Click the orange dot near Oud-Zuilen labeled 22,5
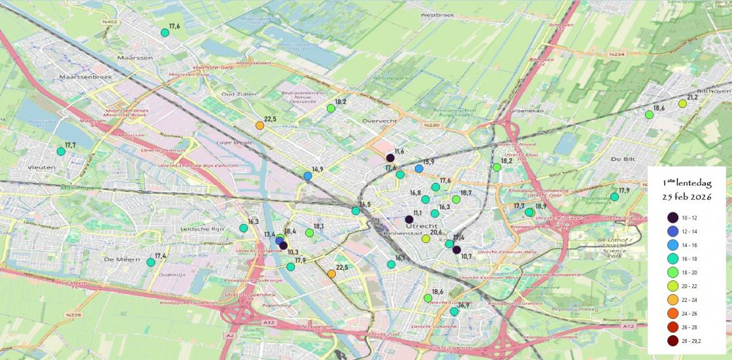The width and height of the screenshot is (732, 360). pos(259,125)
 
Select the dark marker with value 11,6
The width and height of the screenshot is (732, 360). pos(390,158)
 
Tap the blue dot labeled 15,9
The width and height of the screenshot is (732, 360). pos(419,169)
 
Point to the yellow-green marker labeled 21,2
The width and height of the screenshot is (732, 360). pos(682,104)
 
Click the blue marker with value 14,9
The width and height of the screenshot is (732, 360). pos(308,176)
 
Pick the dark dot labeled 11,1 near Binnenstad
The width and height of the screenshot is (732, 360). pos(409,220)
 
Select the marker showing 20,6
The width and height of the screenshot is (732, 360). pos(426,238)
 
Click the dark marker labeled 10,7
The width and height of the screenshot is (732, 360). pos(457,250)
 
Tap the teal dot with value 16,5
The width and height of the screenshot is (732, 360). pos(356,211)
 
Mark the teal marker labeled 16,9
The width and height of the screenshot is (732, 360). pos(454,312)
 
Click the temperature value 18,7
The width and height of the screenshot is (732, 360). pos(466,193)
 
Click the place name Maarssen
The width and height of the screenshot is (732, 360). pos(129,57)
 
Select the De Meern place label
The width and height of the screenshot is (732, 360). pos(120,259)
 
